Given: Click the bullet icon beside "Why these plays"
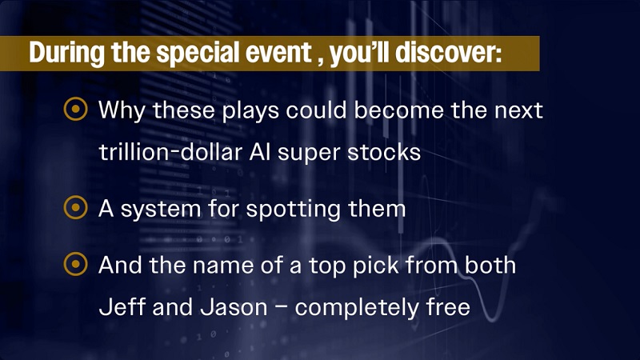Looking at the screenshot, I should click(75, 110).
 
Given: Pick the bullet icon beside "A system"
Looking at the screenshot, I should click(75, 210).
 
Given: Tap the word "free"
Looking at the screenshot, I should click(446, 306).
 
